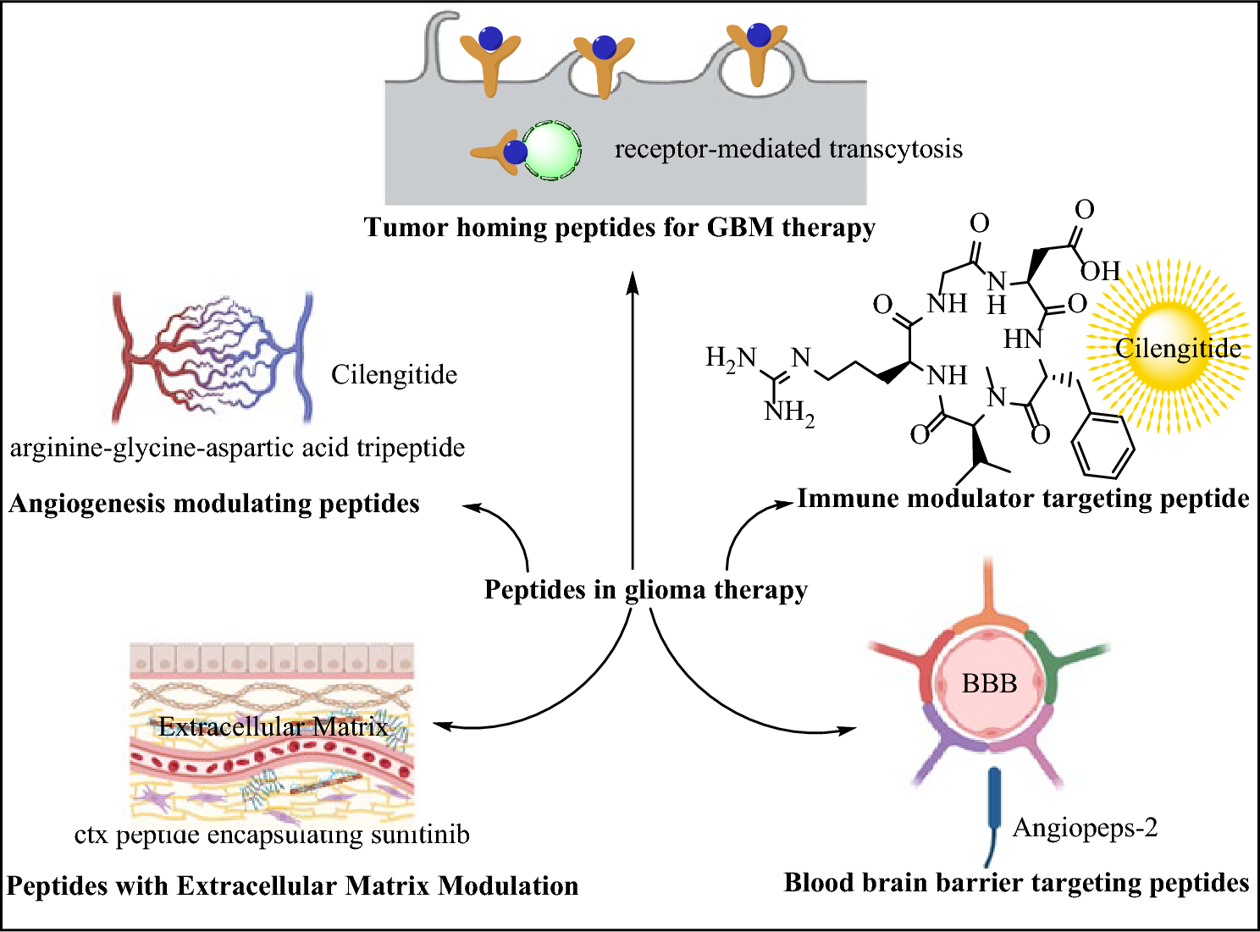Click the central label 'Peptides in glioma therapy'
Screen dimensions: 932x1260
pyautogui.click(x=645, y=589)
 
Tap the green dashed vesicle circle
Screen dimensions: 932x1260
pyautogui.click(x=551, y=152)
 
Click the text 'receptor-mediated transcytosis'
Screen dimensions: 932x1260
pyautogui.click(x=787, y=149)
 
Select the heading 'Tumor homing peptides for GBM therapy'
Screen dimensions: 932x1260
pyautogui.click(x=619, y=228)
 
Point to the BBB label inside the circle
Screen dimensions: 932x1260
pyautogui.click(x=989, y=683)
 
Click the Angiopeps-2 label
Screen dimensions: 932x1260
pyautogui.click(x=1085, y=827)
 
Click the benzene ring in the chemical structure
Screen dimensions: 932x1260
pyautogui.click(x=1102, y=446)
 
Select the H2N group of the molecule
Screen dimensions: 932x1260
pyautogui.click(x=730, y=358)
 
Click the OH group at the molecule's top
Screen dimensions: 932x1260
pyautogui.click(x=1100, y=271)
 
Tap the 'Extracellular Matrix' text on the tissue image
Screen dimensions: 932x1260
pyautogui.click(x=273, y=726)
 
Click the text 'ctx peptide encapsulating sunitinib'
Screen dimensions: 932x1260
pyautogui.click(x=272, y=835)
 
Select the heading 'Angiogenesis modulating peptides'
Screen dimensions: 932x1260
pyautogui.click(x=214, y=504)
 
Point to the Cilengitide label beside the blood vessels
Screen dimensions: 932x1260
pyautogui.click(x=394, y=375)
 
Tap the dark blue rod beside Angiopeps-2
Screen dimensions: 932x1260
pyautogui.click(x=993, y=801)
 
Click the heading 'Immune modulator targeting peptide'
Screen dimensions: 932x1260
pyautogui.click(x=1022, y=499)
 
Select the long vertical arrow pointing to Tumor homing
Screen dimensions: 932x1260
pyautogui.click(x=633, y=423)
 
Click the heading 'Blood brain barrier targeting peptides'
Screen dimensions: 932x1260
pyautogui.click(x=1016, y=883)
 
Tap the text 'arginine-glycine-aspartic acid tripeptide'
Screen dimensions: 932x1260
pyautogui.click(x=237, y=448)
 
